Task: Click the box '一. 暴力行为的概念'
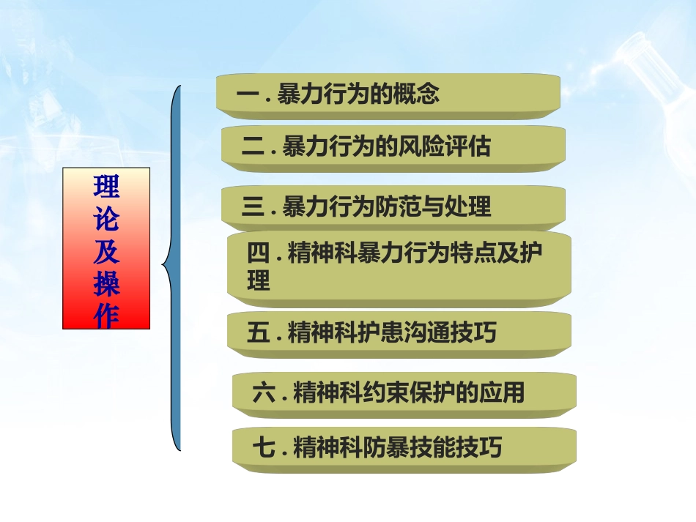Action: tap(388, 94)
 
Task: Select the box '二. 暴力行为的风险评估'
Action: tap(393, 147)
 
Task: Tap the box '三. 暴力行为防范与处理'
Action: tap(393, 206)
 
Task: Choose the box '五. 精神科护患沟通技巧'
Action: tap(399, 333)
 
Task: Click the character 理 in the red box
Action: tap(106, 187)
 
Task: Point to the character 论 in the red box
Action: tap(106, 220)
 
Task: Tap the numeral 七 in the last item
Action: tap(264, 447)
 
